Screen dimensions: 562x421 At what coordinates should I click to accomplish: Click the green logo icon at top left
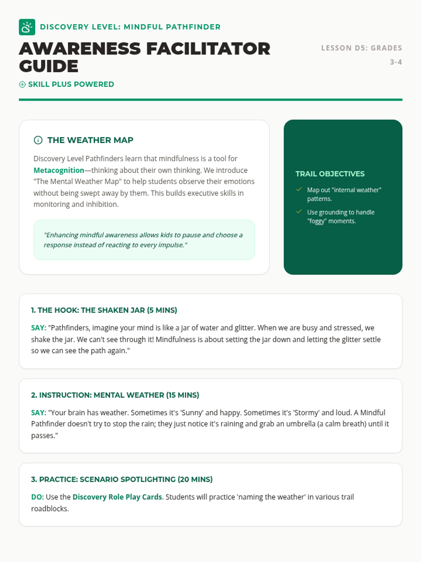(x=27, y=27)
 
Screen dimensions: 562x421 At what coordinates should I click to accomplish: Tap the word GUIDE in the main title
(x=49, y=66)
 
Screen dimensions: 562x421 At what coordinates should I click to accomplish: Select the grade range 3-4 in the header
(x=396, y=62)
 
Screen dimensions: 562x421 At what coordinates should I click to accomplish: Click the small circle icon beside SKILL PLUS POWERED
(x=22, y=84)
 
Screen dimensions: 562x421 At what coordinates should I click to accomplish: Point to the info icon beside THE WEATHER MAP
(x=38, y=140)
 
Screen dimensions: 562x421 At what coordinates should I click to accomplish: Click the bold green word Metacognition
(x=59, y=170)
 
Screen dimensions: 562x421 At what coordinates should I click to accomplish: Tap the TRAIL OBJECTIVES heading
(x=330, y=174)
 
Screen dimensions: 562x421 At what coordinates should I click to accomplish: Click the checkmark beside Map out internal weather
(x=299, y=190)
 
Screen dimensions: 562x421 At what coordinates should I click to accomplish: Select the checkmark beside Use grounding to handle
(x=299, y=212)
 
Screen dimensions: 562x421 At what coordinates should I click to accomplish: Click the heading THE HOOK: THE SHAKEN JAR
(x=104, y=310)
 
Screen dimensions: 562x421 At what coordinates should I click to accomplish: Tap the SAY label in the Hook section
(x=39, y=328)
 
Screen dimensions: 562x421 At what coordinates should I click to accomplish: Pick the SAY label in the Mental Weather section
(x=39, y=412)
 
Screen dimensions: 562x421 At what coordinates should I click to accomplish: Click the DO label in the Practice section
(x=37, y=497)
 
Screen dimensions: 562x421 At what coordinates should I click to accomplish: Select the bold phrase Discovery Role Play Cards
(x=117, y=497)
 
